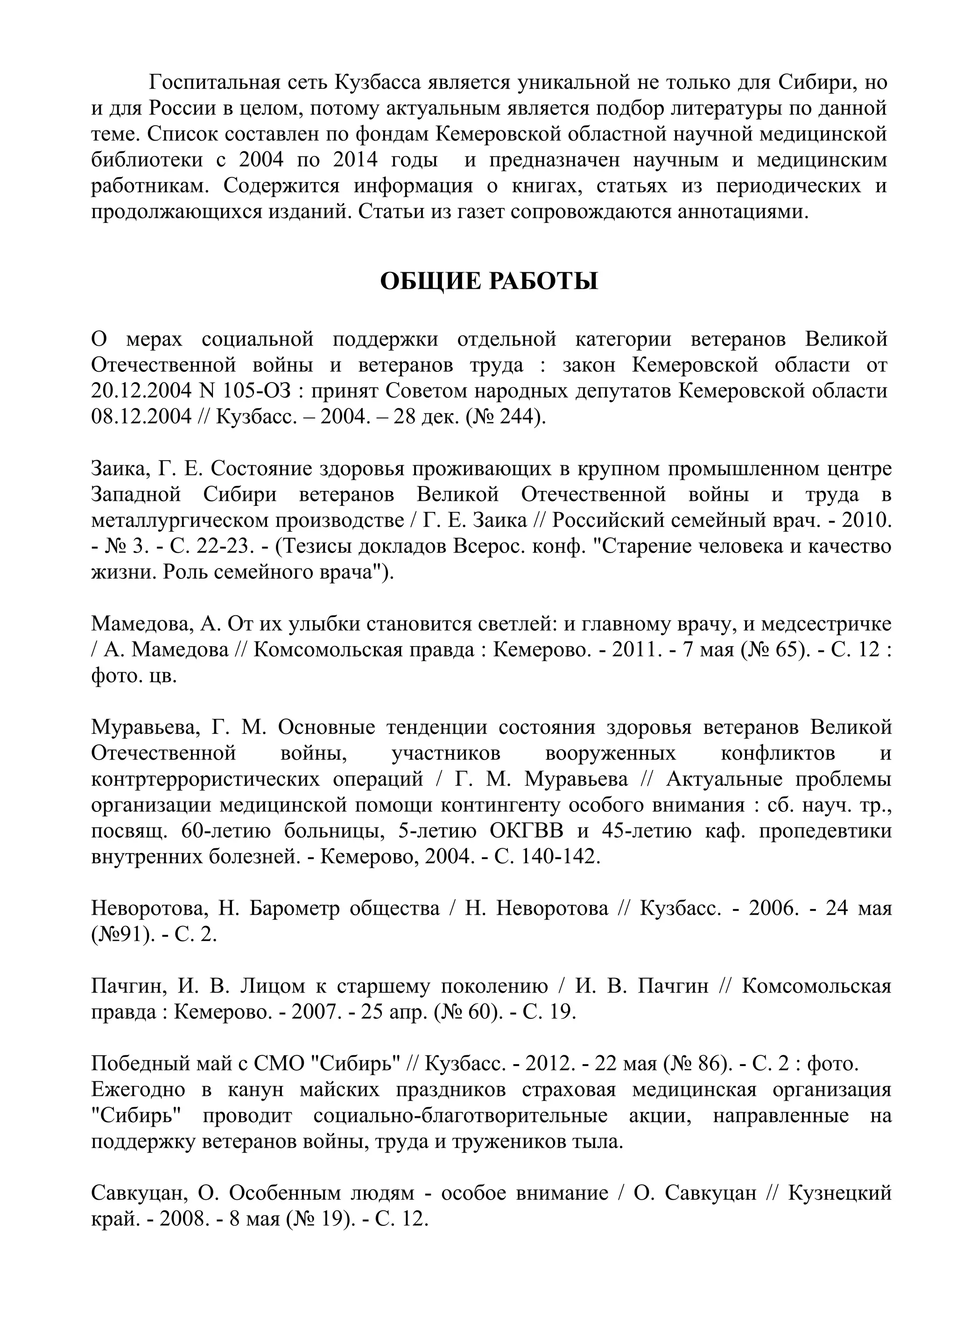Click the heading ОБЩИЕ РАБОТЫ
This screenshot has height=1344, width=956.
[489, 282]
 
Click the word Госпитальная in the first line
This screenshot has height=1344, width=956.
[212, 83]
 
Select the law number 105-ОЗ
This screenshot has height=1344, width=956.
[264, 391]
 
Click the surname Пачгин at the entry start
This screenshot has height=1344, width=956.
[122, 987]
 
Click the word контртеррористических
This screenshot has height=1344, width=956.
[206, 780]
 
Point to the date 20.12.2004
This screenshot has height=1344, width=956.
[141, 391]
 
